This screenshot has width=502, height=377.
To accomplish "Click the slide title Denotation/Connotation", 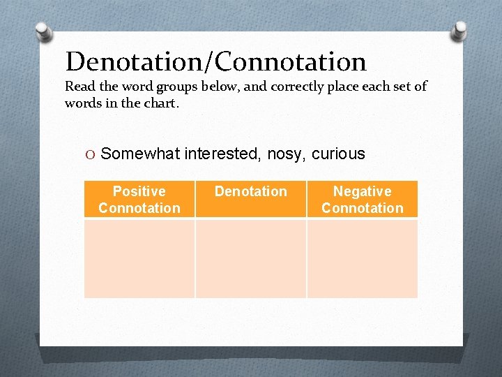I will pos(215,62).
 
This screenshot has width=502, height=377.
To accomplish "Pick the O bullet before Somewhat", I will pos(91,154).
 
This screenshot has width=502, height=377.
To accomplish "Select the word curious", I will pos(338,154).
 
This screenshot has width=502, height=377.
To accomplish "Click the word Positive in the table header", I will pos(139,191).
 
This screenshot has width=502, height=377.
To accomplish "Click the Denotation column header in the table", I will pos(250,191).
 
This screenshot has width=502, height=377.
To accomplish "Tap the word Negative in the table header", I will pos(362,191).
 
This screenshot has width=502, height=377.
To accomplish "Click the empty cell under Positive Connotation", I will pos(139,258).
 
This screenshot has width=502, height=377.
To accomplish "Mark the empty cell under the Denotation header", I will pos(250,258).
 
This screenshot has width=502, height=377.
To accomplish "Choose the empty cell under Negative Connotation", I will pos(362,258).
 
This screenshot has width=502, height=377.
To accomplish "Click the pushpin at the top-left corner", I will pos(43,31).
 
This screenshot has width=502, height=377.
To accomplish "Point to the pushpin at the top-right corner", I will pos(459,30).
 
